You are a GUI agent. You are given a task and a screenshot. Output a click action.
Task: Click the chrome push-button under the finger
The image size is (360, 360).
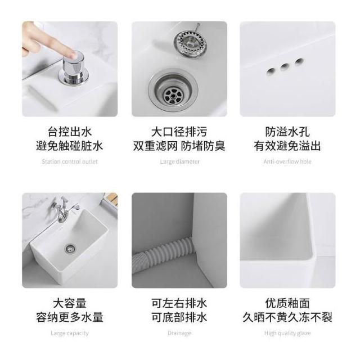point(74,68)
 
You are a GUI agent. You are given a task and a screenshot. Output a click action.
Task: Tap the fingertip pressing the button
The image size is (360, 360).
point(74,55)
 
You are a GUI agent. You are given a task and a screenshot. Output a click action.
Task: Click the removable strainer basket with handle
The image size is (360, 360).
point(190,43)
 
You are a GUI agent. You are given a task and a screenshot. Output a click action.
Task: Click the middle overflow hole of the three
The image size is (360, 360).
point(285,67)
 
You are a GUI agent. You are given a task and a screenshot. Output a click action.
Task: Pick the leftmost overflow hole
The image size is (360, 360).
point(271,71)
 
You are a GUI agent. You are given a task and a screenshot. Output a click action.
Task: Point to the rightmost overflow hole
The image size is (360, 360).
point(299,62)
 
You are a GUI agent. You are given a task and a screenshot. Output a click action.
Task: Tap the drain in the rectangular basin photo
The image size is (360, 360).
point(70,249)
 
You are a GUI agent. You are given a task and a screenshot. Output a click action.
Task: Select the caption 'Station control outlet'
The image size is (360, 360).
point(70,161)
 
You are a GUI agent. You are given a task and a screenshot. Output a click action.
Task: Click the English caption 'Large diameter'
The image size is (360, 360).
point(180,161)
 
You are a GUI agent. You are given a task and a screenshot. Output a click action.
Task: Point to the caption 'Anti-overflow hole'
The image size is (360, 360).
point(287,161)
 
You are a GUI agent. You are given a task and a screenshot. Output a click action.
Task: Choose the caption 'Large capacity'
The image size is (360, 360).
point(70,333)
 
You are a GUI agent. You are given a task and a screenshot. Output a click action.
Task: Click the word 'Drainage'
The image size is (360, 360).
point(179,333)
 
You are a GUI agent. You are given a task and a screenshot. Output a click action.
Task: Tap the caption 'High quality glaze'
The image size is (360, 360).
point(287,333)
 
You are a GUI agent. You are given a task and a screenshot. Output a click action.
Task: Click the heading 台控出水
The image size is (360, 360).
point(70,132)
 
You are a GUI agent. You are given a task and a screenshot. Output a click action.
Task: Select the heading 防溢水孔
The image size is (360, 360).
point(287,132)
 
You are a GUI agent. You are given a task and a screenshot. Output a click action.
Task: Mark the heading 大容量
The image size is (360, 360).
point(70,303)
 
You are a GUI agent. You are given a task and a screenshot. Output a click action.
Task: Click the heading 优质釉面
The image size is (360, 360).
point(287,303)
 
